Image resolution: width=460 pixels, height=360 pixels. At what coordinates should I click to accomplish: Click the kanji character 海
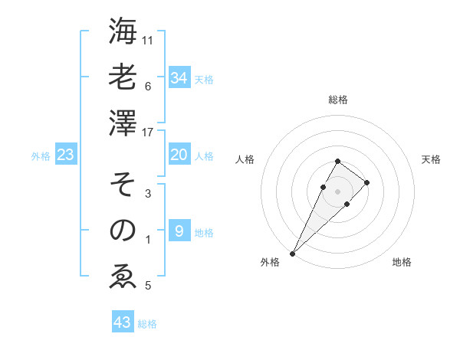(123, 31)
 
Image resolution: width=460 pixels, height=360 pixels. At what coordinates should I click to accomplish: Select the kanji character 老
(123, 77)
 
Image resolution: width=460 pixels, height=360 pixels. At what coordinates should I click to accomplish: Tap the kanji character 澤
(123, 123)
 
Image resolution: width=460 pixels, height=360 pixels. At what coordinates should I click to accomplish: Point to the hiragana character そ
(123, 185)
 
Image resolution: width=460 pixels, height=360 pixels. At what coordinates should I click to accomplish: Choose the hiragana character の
(123, 231)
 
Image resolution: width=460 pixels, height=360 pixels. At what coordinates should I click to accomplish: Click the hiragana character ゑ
(123, 277)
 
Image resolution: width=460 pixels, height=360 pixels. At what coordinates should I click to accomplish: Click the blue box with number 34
(179, 77)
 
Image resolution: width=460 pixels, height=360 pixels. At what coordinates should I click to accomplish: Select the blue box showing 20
(179, 155)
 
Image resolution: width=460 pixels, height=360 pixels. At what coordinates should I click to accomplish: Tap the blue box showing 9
(179, 231)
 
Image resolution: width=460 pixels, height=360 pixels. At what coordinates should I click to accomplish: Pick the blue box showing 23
(66, 155)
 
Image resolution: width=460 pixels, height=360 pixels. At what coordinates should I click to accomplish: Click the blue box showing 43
(123, 322)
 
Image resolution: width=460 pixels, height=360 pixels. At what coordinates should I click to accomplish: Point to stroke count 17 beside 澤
(148, 132)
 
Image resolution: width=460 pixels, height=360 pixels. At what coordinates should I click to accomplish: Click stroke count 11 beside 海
(148, 40)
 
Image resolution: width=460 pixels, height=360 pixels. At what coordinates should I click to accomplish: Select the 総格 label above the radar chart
(337, 100)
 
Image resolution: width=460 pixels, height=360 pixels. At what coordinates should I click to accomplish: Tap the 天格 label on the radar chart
(431, 159)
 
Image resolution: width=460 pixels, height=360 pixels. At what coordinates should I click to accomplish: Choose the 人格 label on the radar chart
(245, 159)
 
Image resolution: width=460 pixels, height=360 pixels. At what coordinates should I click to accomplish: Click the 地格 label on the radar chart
(402, 263)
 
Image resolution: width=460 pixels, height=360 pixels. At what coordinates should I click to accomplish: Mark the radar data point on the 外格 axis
(292, 253)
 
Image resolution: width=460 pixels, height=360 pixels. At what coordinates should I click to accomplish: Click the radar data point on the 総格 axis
(337, 161)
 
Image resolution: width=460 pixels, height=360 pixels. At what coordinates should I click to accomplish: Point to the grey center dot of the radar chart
(337, 191)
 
